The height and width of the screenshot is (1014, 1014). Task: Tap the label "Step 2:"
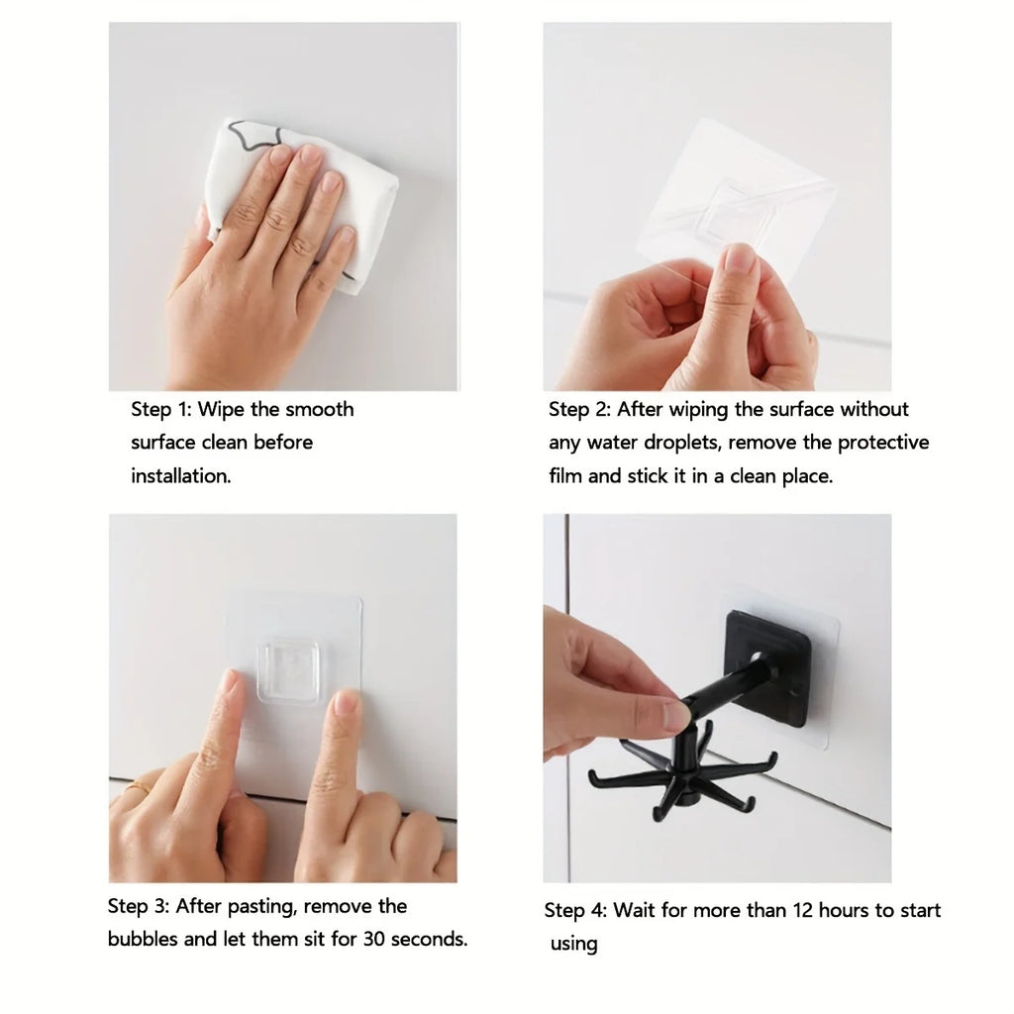pos(580,410)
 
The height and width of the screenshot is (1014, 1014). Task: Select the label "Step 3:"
pos(139,906)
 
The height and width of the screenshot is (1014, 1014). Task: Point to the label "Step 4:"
pos(575,911)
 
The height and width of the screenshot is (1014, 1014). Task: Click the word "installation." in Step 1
pos(181,476)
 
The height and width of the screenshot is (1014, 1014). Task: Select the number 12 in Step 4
pos(782,911)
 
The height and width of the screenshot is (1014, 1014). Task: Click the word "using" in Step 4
pos(574,945)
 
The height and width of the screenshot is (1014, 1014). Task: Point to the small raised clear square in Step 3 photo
pos(288,670)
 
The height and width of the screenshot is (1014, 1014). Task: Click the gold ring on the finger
pos(138,788)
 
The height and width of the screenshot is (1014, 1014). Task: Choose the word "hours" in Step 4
pos(831,911)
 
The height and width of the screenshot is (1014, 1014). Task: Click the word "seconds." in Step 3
pos(429,939)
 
